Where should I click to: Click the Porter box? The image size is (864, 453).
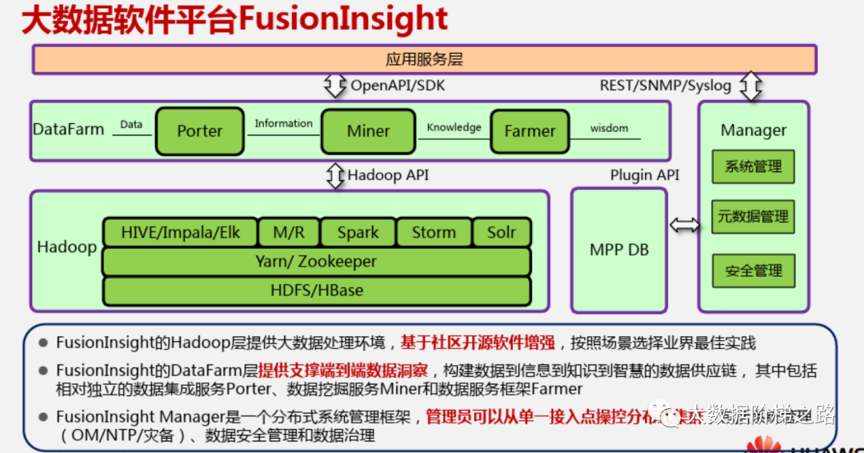tap(200, 131)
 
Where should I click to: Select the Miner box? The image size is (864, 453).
tap(368, 131)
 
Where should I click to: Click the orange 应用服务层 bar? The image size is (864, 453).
tap(424, 60)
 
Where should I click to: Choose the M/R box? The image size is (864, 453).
tap(288, 233)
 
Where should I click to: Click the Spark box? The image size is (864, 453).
tap(358, 233)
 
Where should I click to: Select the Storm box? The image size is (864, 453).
tap(434, 233)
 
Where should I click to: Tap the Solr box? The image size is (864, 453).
tap(502, 233)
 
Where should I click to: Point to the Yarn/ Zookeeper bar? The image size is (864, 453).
tap(316, 262)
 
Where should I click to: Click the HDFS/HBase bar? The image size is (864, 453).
tap(316, 291)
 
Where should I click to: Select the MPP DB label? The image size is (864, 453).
tap(619, 250)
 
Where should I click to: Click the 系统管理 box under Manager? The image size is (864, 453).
tap(753, 166)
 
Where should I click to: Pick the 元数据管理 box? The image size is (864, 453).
tap(753, 217)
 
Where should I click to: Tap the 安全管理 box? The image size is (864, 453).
tap(753, 271)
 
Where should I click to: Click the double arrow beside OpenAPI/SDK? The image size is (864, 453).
tap(334, 86)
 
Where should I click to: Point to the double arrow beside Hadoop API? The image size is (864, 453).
tap(334, 175)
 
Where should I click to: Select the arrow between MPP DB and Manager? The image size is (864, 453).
tap(684, 226)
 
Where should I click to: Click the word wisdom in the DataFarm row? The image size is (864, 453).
tap(610, 128)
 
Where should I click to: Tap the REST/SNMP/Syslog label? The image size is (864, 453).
tap(666, 86)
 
